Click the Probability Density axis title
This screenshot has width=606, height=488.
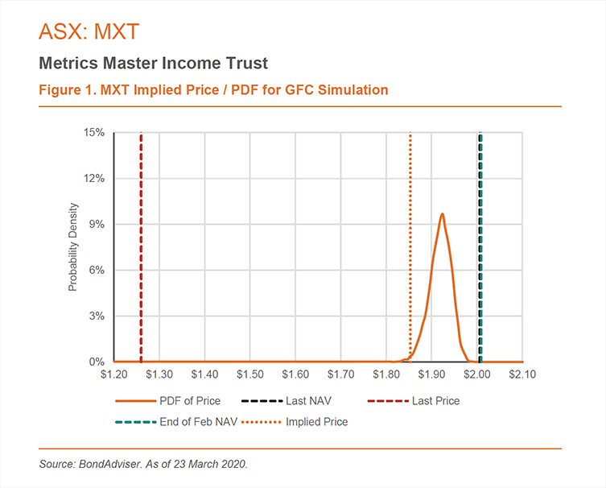72,247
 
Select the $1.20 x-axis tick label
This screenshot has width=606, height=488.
113,374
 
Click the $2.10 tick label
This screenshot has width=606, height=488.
523,374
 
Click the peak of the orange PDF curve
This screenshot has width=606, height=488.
442,214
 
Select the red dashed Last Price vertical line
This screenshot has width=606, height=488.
141,242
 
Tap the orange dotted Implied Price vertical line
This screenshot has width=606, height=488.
410,242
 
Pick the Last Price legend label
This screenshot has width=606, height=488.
435,400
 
